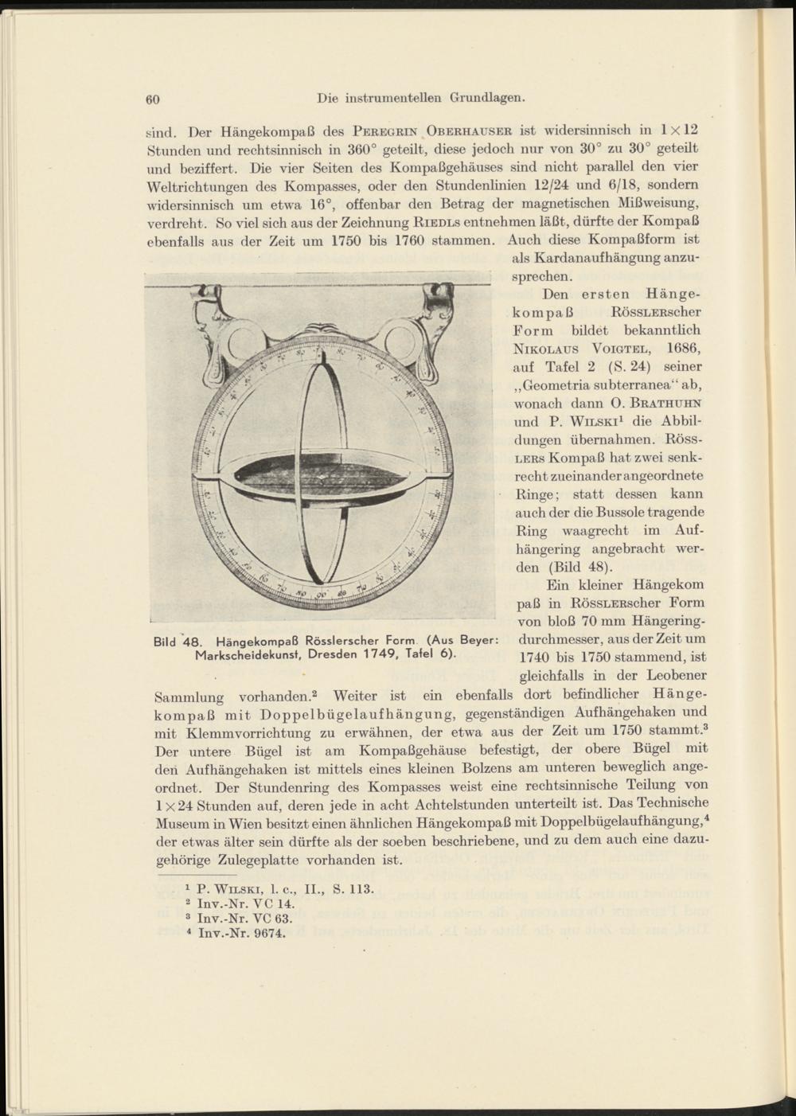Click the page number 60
click(x=154, y=100)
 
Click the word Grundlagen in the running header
click(x=487, y=98)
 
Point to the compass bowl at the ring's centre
click(x=320, y=476)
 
